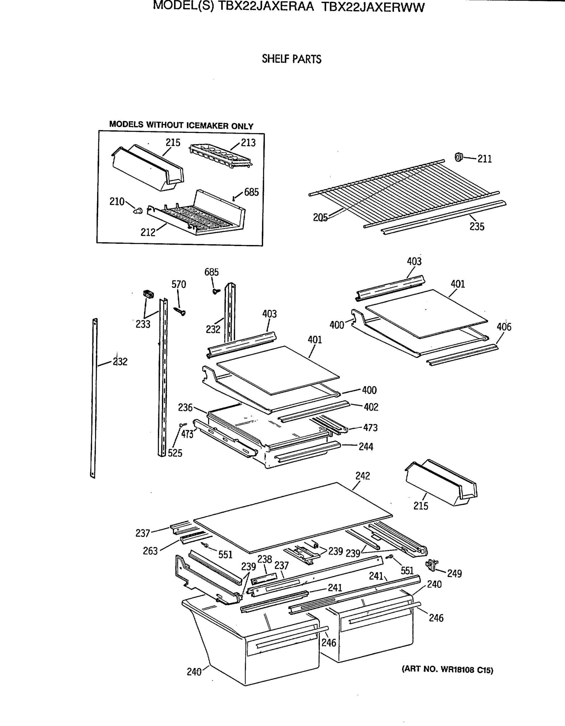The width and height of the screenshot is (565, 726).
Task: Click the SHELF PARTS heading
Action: [291, 59]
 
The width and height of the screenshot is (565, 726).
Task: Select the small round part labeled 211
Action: [459, 157]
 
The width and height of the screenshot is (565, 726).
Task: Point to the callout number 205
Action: [320, 217]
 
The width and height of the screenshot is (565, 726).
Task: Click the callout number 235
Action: [477, 226]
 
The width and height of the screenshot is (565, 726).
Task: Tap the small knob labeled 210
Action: [138, 211]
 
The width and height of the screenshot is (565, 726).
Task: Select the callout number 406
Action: [504, 327]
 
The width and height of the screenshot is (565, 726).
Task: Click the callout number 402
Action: [371, 407]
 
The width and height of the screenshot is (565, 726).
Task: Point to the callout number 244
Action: [366, 446]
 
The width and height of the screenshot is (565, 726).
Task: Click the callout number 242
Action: [362, 476]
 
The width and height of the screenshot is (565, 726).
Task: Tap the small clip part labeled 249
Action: [432, 564]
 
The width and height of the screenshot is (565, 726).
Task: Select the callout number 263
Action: [150, 551]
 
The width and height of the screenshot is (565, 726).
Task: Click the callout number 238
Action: [264, 559]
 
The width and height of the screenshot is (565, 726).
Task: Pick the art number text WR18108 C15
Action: [447, 670]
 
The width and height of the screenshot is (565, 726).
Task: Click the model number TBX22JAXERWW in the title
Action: [373, 7]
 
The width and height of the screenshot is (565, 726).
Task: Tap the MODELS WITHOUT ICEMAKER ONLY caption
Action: [181, 125]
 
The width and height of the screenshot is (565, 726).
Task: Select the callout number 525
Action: [175, 453]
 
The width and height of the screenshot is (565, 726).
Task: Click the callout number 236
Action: [185, 407]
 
